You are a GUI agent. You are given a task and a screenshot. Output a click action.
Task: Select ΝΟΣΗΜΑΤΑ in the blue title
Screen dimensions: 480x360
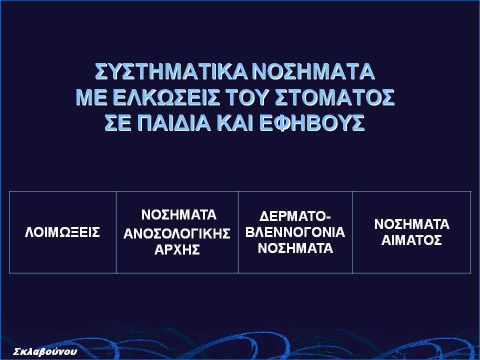314,71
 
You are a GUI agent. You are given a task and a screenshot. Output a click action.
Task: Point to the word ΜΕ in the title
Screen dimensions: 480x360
91,97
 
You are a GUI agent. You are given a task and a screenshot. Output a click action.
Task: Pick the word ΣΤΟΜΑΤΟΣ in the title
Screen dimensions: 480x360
334,97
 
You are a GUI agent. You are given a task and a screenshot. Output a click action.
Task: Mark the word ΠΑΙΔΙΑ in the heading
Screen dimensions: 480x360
173,123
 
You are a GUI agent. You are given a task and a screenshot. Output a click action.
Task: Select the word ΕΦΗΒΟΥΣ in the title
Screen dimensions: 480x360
312,123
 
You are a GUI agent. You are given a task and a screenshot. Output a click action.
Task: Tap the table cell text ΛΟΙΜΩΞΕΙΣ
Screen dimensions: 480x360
62,232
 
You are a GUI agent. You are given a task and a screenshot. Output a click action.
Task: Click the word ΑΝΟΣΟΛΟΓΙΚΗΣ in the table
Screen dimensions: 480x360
177,234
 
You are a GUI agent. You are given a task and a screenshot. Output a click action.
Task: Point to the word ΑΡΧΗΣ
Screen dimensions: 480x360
177,250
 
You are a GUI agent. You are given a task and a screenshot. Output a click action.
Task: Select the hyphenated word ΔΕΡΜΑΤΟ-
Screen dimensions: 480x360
295,216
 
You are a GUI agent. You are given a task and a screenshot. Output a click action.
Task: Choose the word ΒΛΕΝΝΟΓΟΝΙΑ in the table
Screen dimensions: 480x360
295,232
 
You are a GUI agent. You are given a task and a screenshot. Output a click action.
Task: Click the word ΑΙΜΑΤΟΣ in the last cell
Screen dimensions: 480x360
411,240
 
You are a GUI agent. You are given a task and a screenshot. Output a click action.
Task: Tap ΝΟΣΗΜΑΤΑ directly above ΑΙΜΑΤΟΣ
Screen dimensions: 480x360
411,224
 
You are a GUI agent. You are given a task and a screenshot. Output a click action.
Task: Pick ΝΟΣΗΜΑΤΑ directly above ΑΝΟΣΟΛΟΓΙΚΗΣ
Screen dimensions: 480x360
179,215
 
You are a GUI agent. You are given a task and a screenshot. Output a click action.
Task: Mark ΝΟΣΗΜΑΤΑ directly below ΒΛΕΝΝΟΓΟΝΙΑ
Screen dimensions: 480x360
295,248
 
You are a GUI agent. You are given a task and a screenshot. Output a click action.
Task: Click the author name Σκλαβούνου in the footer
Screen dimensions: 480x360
45,351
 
